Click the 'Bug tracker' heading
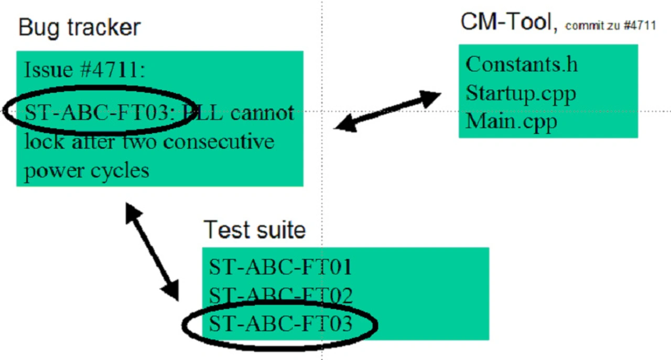point(79,27)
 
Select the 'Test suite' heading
point(254,230)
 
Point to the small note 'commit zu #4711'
point(610,26)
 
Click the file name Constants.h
point(521,64)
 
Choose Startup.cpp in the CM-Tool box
point(521,94)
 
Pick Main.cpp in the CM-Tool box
point(511,122)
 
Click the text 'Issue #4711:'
point(84,70)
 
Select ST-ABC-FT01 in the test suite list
point(280,267)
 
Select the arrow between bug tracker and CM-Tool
point(388,111)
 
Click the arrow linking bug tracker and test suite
point(152,252)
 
